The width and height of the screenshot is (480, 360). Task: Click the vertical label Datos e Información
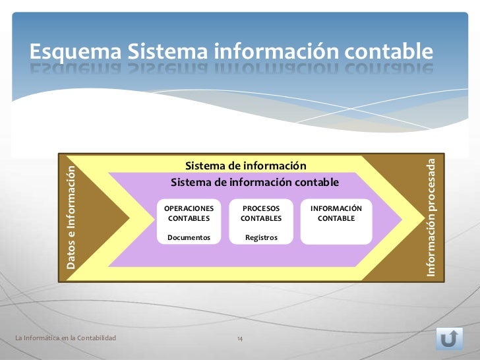tap(71, 218)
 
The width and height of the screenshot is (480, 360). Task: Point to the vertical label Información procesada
tap(431, 218)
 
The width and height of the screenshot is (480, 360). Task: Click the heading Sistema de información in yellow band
tap(246, 165)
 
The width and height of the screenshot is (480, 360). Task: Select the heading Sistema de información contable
tap(255, 182)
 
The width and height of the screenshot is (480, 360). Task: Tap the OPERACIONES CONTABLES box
tap(189, 221)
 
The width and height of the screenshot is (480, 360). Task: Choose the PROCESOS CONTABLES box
tap(261, 221)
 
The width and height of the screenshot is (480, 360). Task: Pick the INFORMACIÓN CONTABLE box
tap(336, 221)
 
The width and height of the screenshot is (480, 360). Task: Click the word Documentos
tap(189, 237)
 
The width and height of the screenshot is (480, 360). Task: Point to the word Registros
tap(261, 237)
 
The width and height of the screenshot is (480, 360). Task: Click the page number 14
tap(240, 338)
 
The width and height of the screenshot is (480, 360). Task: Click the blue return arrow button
tap(449, 338)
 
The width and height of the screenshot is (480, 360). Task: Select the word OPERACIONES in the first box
tap(189, 208)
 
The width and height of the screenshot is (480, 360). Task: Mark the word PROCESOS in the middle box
tap(261, 208)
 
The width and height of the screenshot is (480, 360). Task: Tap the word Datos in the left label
tap(71, 257)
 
